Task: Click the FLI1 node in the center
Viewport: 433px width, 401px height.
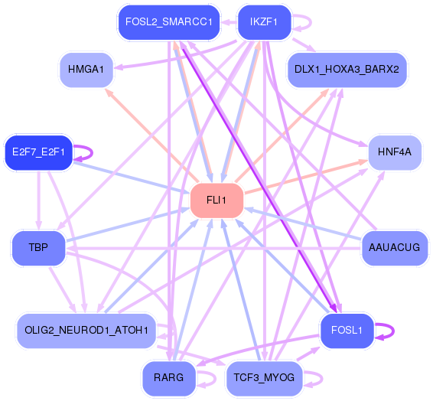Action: click(x=216, y=200)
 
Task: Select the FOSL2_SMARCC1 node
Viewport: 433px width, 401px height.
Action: click(x=169, y=22)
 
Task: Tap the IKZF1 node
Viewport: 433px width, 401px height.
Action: click(x=264, y=22)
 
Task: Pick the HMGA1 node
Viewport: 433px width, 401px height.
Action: click(x=86, y=70)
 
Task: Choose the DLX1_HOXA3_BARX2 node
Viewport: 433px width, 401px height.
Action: click(x=347, y=70)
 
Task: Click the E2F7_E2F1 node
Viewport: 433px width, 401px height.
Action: click(x=39, y=152)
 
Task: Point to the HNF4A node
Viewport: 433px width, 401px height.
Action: click(x=395, y=152)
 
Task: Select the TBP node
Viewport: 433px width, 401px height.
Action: click(x=39, y=248)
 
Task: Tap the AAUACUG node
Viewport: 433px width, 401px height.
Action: click(x=395, y=248)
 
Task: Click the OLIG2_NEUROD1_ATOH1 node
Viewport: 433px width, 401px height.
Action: click(x=86, y=331)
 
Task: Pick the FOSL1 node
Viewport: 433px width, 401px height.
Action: click(x=347, y=331)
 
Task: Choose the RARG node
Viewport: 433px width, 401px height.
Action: click(x=169, y=378)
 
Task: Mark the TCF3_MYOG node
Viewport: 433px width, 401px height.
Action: click(x=264, y=378)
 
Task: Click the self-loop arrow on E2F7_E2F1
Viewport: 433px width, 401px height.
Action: click(x=93, y=153)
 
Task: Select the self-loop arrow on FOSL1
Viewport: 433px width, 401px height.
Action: click(x=393, y=331)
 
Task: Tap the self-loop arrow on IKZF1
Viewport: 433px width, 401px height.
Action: click(x=311, y=22)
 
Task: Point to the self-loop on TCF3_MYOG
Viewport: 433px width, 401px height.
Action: click(x=322, y=378)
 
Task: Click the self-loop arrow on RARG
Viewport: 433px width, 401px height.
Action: click(x=216, y=378)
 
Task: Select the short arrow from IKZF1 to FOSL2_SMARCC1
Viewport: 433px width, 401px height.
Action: click(x=229, y=22)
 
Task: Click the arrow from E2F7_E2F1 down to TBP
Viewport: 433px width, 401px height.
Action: click(x=39, y=200)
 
